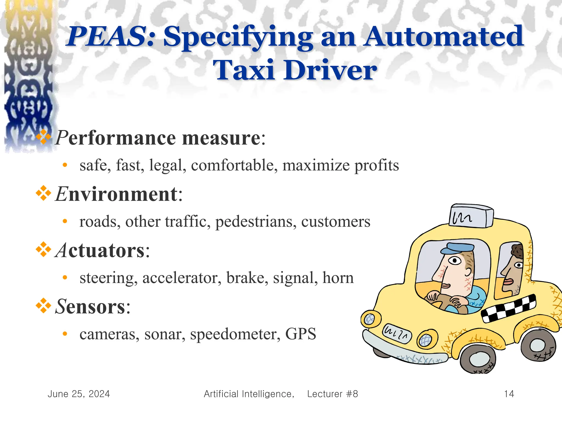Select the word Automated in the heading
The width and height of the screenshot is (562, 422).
pos(444,37)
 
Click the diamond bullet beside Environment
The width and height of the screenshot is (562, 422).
pos(43,193)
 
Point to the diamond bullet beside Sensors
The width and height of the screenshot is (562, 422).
pos(43,306)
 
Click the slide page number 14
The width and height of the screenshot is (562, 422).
pos(509,394)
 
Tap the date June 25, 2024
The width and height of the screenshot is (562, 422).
pos(79,394)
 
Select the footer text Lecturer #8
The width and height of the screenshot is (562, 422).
pos(332,394)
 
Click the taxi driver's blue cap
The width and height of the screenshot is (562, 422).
pos(457,248)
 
